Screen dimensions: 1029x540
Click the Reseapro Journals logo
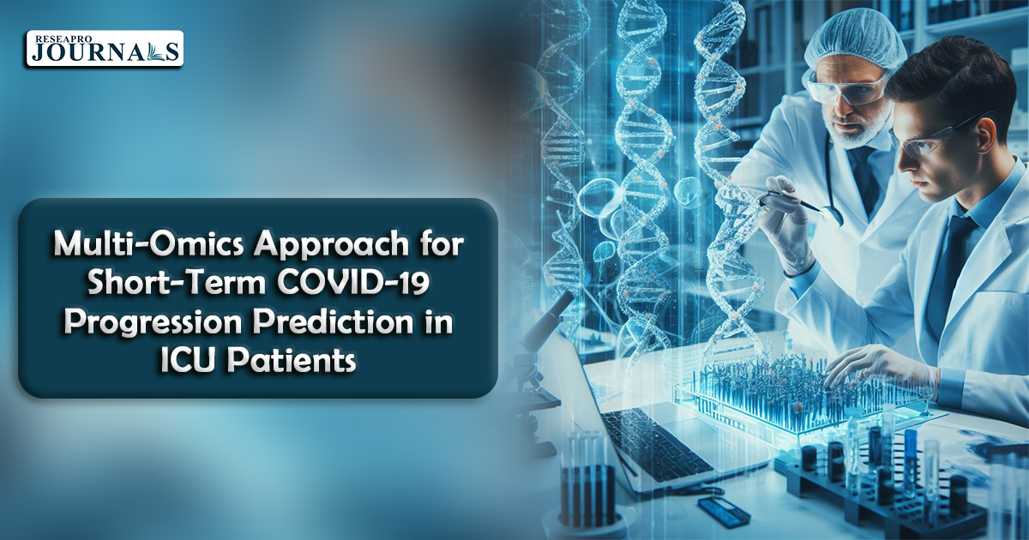click(105, 48)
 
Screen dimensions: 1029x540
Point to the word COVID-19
click(352, 283)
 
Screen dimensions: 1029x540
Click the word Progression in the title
click(155, 323)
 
